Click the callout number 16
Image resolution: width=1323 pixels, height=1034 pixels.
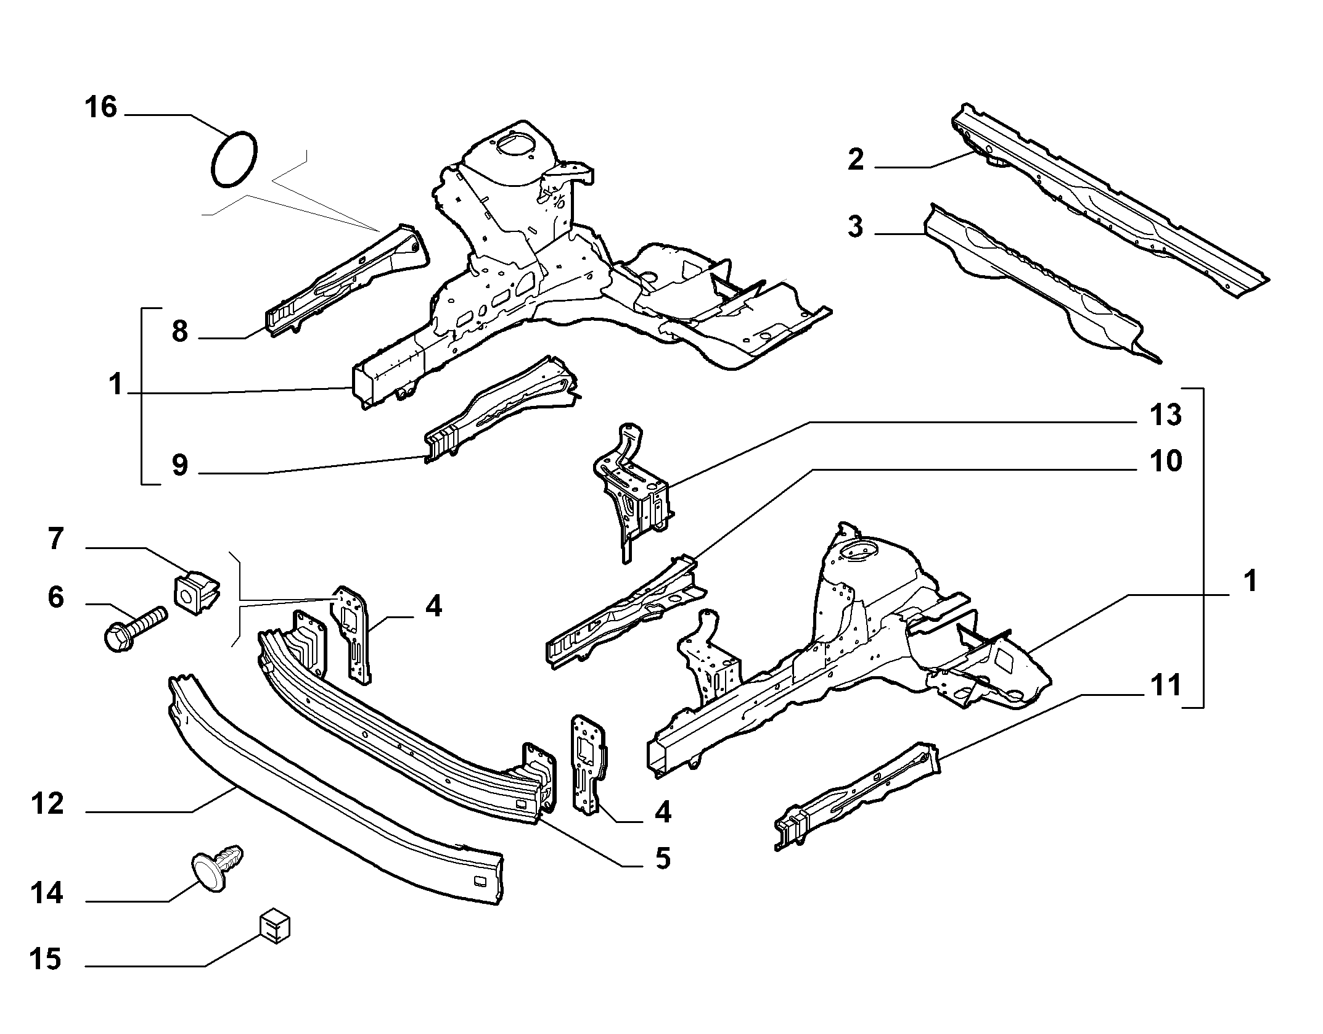point(101,107)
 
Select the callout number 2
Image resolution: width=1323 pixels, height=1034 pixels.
point(856,160)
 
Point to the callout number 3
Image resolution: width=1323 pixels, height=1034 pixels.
point(856,226)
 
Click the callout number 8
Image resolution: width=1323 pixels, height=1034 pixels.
point(179,331)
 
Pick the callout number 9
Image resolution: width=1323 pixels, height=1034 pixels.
point(179,465)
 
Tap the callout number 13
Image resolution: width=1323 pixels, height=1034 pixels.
point(1165,415)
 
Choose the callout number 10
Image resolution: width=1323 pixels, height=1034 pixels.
point(1165,461)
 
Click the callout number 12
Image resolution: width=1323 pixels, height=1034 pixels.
point(47,804)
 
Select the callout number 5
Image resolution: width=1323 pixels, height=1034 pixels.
point(663,858)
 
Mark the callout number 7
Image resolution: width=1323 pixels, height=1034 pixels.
point(55,539)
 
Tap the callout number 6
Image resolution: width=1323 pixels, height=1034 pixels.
point(55,597)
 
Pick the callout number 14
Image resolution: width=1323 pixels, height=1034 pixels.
point(47,893)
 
